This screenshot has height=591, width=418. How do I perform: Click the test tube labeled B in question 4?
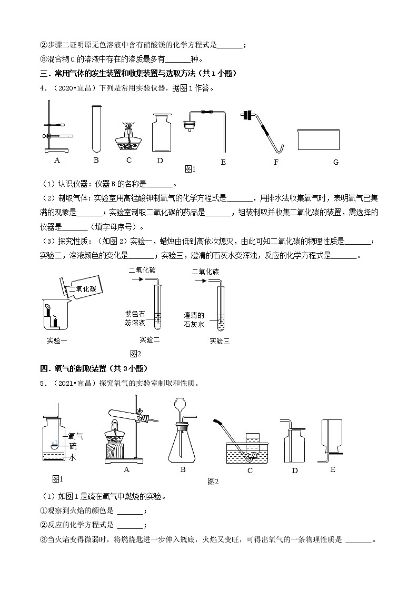pyautogui.click(x=96, y=128)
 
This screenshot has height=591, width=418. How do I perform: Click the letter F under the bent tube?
pyautogui.click(x=276, y=163)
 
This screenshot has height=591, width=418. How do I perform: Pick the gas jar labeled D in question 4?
pyautogui.click(x=163, y=134)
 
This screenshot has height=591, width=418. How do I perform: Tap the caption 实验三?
pyautogui.click(x=220, y=340)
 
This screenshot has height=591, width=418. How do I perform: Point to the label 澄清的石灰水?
pyautogui.click(x=194, y=319)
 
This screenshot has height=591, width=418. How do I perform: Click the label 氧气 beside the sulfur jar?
pyautogui.click(x=76, y=436)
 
